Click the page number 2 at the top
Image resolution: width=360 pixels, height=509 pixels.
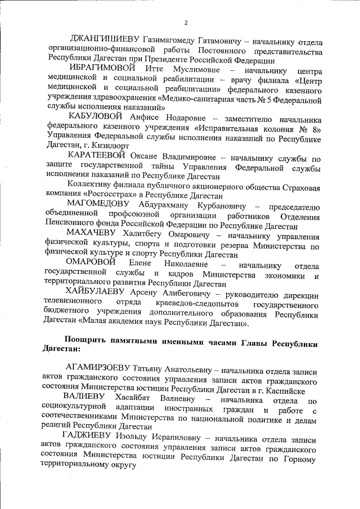[186, 22]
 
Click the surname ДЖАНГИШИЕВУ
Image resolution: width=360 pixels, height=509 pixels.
[103, 41]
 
